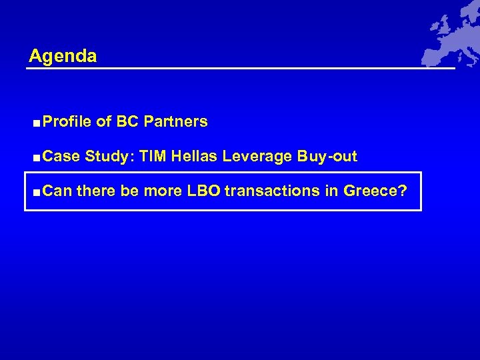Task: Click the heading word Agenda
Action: point(63,56)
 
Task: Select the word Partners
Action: point(175,122)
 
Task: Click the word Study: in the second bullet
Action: point(109,157)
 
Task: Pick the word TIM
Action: point(153,157)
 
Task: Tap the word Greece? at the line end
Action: point(375,191)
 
